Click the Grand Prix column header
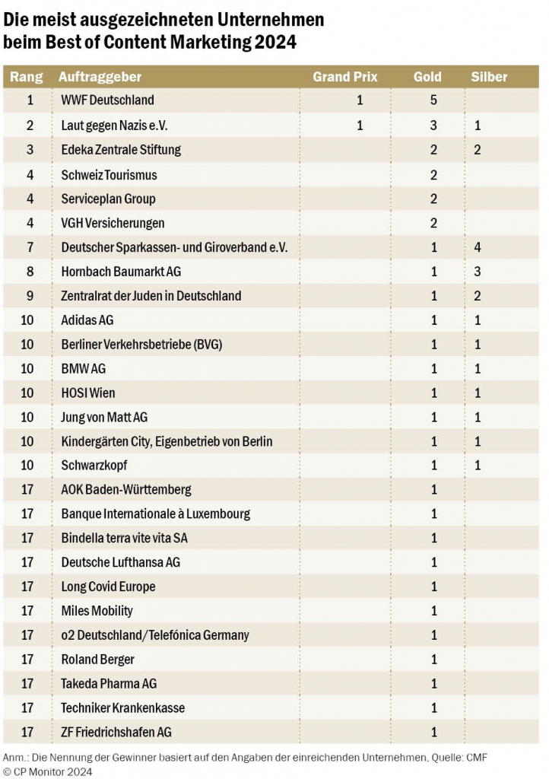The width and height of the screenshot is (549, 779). (345, 77)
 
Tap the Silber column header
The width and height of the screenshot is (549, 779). (489, 77)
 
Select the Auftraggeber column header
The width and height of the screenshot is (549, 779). (100, 77)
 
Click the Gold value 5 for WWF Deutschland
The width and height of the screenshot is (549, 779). (433, 100)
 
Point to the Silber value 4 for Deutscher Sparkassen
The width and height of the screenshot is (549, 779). (478, 247)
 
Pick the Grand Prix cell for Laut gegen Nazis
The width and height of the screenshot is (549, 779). (360, 126)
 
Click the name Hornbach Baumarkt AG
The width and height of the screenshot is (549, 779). (121, 272)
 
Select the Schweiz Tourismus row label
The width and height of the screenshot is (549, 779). (109, 175)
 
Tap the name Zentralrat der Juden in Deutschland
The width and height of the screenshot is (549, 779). (151, 296)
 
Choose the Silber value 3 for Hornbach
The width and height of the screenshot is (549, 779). (478, 272)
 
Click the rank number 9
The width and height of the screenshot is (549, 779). (30, 296)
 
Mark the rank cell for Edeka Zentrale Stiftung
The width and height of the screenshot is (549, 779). (30, 150)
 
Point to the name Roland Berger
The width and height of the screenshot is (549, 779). (98, 660)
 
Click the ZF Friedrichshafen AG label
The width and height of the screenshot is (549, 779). (116, 733)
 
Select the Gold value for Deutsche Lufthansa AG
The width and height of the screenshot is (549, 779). (434, 562)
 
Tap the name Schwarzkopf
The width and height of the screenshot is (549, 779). (94, 466)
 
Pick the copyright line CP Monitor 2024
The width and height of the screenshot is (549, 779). (48, 771)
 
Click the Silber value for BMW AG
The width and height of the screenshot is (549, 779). (478, 369)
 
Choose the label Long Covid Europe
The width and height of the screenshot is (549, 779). (108, 587)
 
